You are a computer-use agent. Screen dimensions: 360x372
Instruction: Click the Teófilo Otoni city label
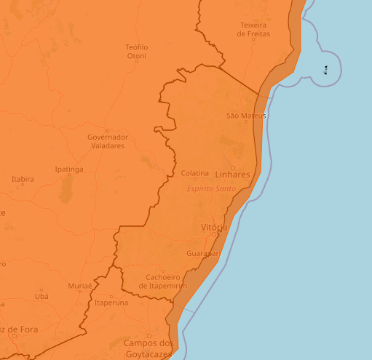click(x=137, y=51)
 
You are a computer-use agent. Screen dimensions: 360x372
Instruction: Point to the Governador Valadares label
click(x=107, y=141)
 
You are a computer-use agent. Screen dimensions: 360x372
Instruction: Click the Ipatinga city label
click(x=69, y=169)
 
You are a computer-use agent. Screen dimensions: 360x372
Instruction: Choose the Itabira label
click(x=23, y=178)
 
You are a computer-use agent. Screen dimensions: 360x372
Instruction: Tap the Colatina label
click(x=195, y=173)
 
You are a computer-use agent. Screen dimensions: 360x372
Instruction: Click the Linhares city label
click(x=233, y=175)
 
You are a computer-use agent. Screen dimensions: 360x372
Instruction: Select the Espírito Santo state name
click(x=212, y=188)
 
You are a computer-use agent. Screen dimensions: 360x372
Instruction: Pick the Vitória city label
click(x=214, y=227)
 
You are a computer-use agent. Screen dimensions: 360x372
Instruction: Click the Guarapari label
click(x=203, y=253)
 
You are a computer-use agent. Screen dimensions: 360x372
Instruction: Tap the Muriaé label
click(x=80, y=286)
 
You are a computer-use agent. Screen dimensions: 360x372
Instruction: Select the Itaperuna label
click(x=111, y=302)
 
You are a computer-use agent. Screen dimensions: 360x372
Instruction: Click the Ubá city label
click(x=41, y=296)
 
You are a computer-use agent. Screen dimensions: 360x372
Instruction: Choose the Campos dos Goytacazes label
click(x=149, y=348)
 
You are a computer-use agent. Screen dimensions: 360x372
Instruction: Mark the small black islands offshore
click(x=325, y=70)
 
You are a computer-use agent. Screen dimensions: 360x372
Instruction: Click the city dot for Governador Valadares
click(x=107, y=131)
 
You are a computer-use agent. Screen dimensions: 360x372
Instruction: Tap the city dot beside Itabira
click(x=23, y=185)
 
